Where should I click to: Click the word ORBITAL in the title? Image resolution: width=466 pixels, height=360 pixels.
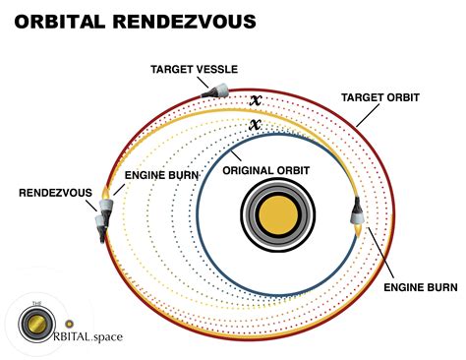(x=68, y=21)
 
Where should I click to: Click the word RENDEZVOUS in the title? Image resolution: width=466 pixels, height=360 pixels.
(x=196, y=21)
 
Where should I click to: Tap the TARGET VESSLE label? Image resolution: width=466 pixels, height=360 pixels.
(x=196, y=71)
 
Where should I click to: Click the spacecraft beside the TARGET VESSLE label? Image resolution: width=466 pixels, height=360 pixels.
(x=215, y=90)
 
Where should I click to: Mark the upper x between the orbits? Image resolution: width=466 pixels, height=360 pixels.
(x=254, y=100)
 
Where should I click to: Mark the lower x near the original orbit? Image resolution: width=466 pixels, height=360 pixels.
(x=254, y=125)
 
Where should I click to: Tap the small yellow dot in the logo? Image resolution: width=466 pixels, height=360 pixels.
(x=69, y=324)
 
